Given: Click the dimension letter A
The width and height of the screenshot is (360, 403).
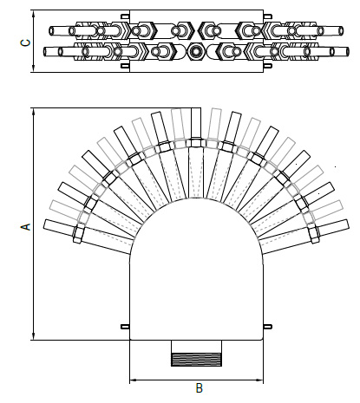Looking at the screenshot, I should point(25,225).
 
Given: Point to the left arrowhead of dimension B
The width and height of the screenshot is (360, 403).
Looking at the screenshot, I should point(133,379).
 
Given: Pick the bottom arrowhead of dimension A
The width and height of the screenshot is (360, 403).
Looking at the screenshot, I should point(33,337).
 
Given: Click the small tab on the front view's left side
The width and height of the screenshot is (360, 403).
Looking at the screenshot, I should point(125,327).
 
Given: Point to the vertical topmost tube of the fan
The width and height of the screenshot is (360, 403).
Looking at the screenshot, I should point(196,126).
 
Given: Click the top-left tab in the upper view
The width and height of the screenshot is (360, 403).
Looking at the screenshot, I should point(125,16).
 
